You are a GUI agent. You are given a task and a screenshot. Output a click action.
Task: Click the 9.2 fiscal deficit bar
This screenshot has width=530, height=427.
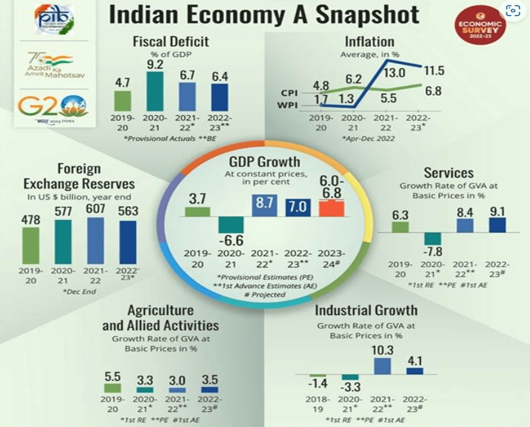(x=155, y=90)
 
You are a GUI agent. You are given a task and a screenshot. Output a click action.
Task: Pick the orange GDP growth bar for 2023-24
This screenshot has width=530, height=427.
(x=332, y=209)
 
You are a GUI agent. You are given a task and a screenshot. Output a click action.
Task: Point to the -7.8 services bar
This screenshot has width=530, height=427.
(x=433, y=239)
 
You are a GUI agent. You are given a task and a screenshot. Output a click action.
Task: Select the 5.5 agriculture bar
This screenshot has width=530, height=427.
(x=113, y=388)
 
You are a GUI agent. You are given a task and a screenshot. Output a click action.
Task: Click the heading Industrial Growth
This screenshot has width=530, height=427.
(x=366, y=311)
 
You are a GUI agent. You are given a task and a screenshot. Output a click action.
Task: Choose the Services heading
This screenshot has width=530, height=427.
(x=448, y=172)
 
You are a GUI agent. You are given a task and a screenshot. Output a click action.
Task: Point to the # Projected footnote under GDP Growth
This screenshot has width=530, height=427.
(x=265, y=294)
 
